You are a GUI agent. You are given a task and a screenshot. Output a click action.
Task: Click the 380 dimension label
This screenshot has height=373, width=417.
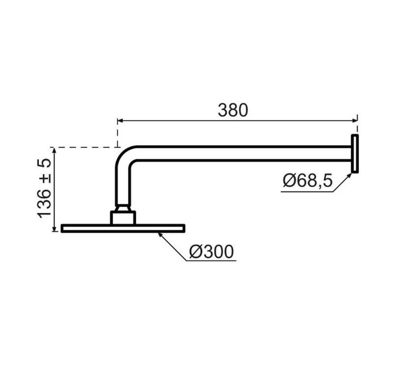[233, 110]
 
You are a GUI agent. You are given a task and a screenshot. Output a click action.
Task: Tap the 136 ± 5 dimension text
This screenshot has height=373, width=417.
[44, 188]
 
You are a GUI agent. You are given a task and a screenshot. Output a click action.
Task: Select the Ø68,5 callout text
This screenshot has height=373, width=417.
[308, 181]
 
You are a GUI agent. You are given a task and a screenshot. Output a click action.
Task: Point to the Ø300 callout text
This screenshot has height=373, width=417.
[211, 251]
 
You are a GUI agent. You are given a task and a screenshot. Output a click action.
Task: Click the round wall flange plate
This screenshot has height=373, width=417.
[355, 154]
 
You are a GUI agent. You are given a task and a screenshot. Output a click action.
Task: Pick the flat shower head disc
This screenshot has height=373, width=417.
[123, 228]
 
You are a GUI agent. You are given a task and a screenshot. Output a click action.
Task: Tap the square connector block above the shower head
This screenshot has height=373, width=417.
[123, 218]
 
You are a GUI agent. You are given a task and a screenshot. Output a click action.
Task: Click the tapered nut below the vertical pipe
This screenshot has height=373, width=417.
[123, 208]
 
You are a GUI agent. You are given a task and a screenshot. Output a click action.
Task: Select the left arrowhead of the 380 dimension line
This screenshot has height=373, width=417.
[120, 121]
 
